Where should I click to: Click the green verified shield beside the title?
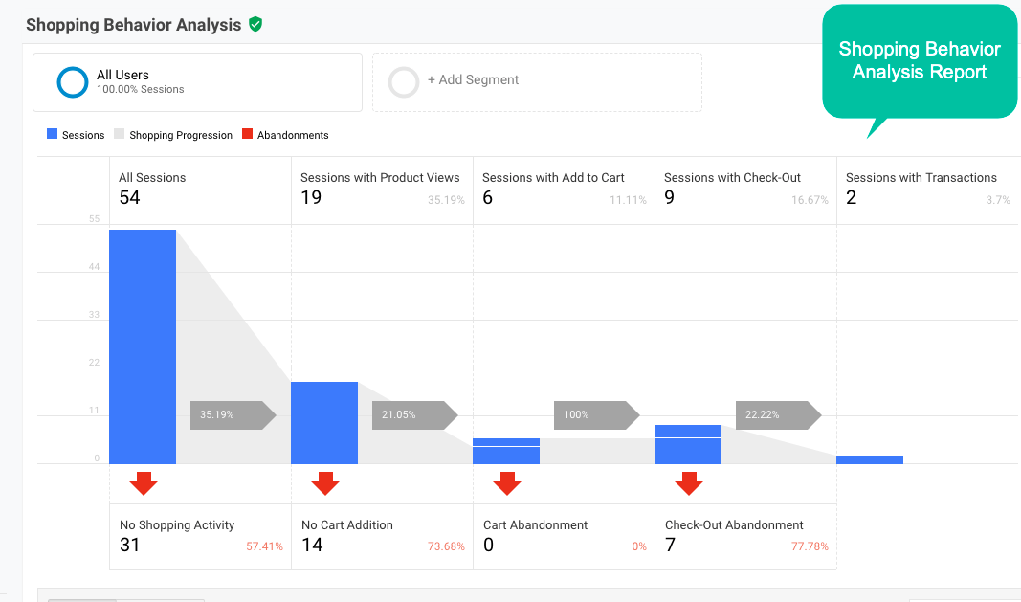[x=255, y=24]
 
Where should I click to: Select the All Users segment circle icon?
[x=73, y=82]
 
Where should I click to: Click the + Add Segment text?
[x=473, y=80]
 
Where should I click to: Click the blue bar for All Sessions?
[x=143, y=346]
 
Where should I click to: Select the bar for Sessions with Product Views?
[x=324, y=423]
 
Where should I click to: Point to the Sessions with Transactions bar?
[x=869, y=459]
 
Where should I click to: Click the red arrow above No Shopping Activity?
[x=144, y=483]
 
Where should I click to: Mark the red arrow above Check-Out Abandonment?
[x=689, y=483]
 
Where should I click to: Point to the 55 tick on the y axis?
[x=94, y=219]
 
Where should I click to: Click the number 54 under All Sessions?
[x=129, y=198]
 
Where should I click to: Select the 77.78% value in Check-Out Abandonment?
[x=810, y=546]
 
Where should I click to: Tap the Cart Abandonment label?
[x=536, y=524]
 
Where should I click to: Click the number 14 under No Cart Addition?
[x=312, y=546]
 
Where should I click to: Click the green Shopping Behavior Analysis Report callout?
[x=919, y=61]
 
